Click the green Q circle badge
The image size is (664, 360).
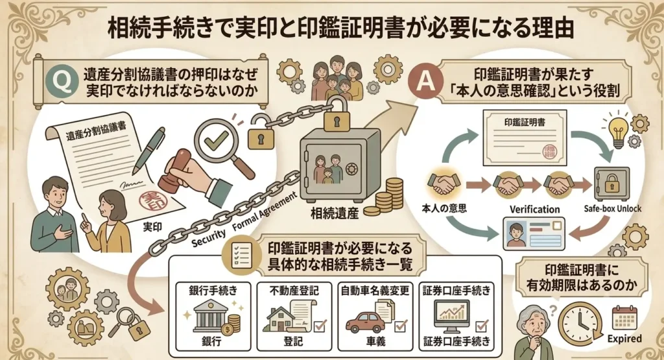coord(62,82)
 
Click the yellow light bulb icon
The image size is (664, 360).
coord(618,130)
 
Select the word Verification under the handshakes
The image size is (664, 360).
coord(534,210)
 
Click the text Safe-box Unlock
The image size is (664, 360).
coord(612,208)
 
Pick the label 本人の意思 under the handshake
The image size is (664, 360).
coord(444,208)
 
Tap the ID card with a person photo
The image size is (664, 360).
coord(534,233)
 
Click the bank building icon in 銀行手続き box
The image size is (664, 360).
coord(211,316)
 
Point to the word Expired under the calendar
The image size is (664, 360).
coord(624,339)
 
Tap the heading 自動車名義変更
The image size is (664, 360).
coord(375,291)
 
